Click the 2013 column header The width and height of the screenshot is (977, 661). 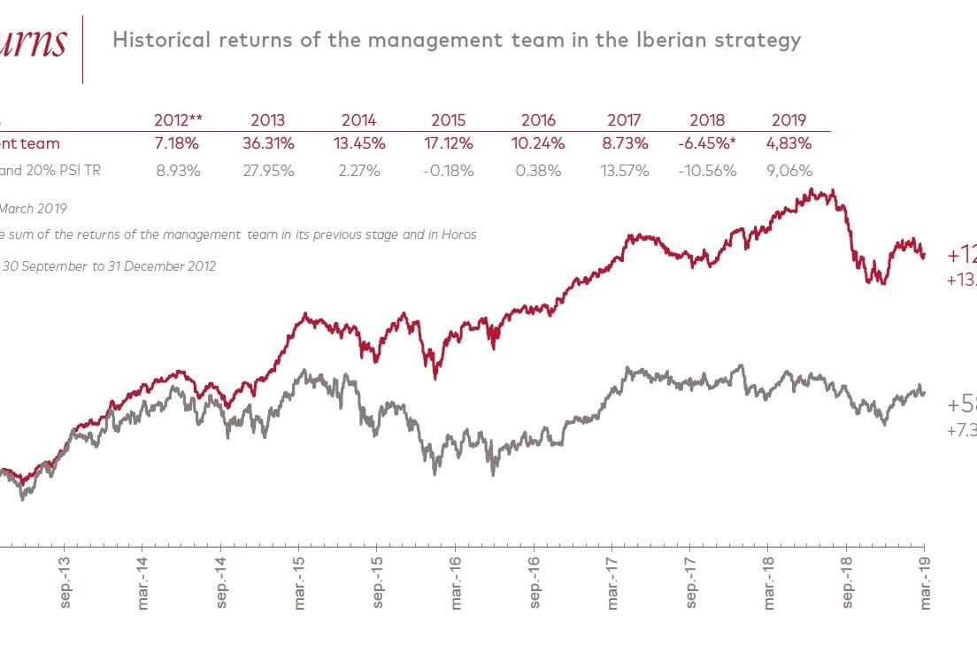267,120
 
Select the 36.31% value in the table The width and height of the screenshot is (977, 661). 267,142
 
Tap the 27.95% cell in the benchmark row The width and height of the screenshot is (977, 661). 267,171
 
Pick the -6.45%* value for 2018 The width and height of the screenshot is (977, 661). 707,142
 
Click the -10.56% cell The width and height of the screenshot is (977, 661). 707,171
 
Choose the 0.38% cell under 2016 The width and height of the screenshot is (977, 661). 538,171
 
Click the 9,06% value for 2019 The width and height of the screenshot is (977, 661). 788,171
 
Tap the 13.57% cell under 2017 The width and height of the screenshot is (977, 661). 629,171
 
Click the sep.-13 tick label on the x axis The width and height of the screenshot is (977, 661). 65,582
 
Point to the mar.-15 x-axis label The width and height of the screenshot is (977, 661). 299,582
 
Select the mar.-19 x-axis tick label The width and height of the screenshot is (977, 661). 926,582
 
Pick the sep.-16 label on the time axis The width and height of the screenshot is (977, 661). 535,582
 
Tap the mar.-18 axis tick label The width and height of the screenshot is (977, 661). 769,582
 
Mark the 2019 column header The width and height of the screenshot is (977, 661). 789,120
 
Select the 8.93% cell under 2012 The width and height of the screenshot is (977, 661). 178,171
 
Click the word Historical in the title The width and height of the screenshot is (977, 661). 162,40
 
